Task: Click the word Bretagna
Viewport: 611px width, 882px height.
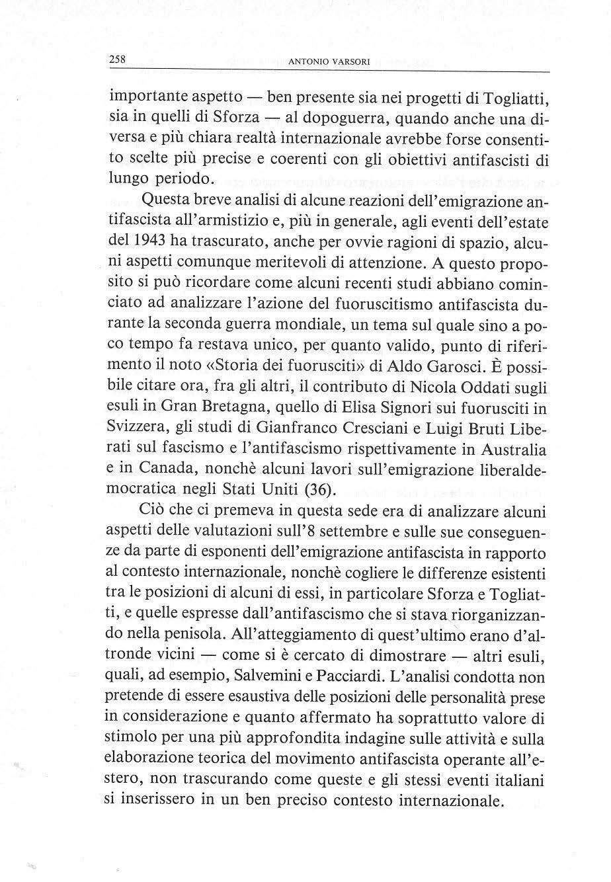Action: (x=222, y=407)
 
